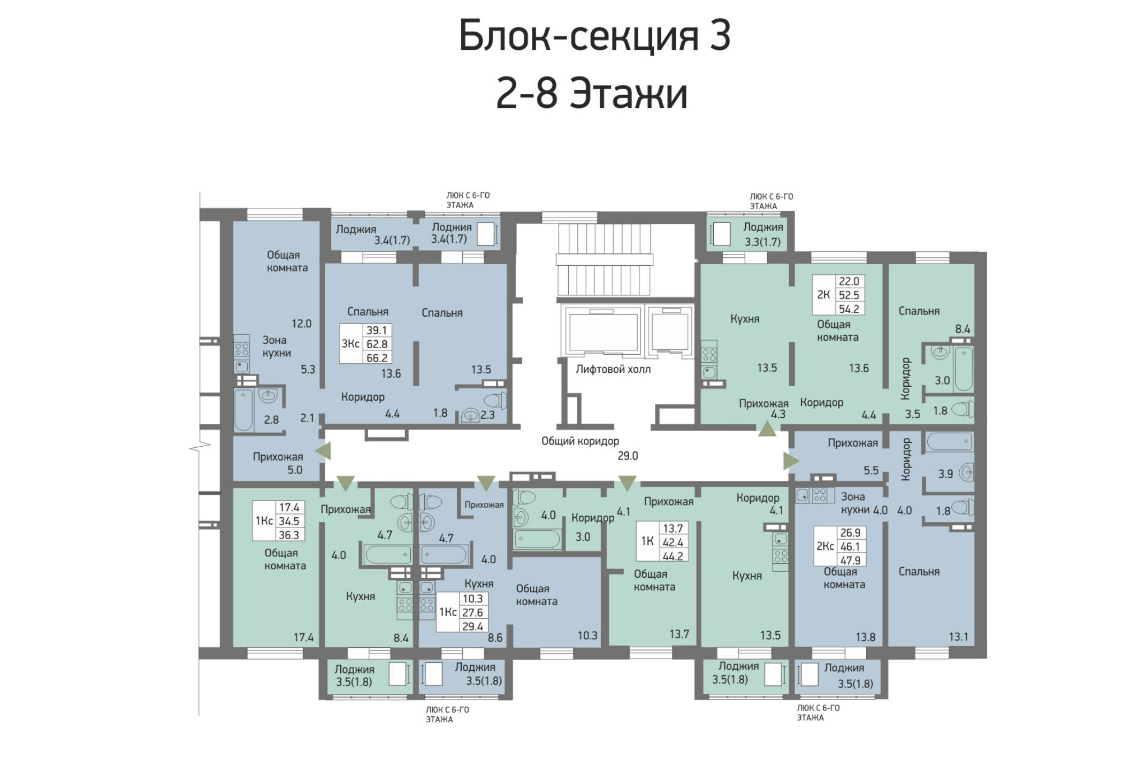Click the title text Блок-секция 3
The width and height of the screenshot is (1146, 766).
(x=594, y=36)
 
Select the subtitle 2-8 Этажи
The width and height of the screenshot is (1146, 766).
(x=592, y=94)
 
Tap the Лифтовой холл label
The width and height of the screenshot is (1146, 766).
(x=613, y=369)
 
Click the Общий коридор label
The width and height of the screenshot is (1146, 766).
(x=580, y=441)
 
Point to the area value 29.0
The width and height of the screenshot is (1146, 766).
(x=628, y=456)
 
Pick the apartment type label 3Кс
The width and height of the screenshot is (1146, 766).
(x=350, y=343)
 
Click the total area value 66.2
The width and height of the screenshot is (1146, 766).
(x=377, y=357)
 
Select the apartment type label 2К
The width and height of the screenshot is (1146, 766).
(x=823, y=294)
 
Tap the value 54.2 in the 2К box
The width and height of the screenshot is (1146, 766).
(x=849, y=309)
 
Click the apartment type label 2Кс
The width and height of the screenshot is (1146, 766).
(x=825, y=546)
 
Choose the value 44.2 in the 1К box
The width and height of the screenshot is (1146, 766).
(x=673, y=556)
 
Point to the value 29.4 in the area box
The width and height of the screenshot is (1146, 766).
(x=473, y=626)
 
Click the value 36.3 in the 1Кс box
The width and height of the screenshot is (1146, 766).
(x=289, y=534)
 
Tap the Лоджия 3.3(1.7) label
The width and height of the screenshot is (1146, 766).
(x=763, y=234)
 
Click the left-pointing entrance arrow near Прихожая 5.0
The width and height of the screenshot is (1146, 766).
(x=323, y=451)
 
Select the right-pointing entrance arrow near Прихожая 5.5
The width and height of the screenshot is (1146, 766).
(x=791, y=461)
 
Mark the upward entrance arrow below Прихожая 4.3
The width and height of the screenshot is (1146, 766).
(x=767, y=428)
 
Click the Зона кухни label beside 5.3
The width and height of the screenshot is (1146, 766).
(x=277, y=346)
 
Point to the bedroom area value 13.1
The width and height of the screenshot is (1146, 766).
(x=958, y=637)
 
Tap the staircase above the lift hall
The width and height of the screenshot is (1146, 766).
(x=605, y=260)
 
